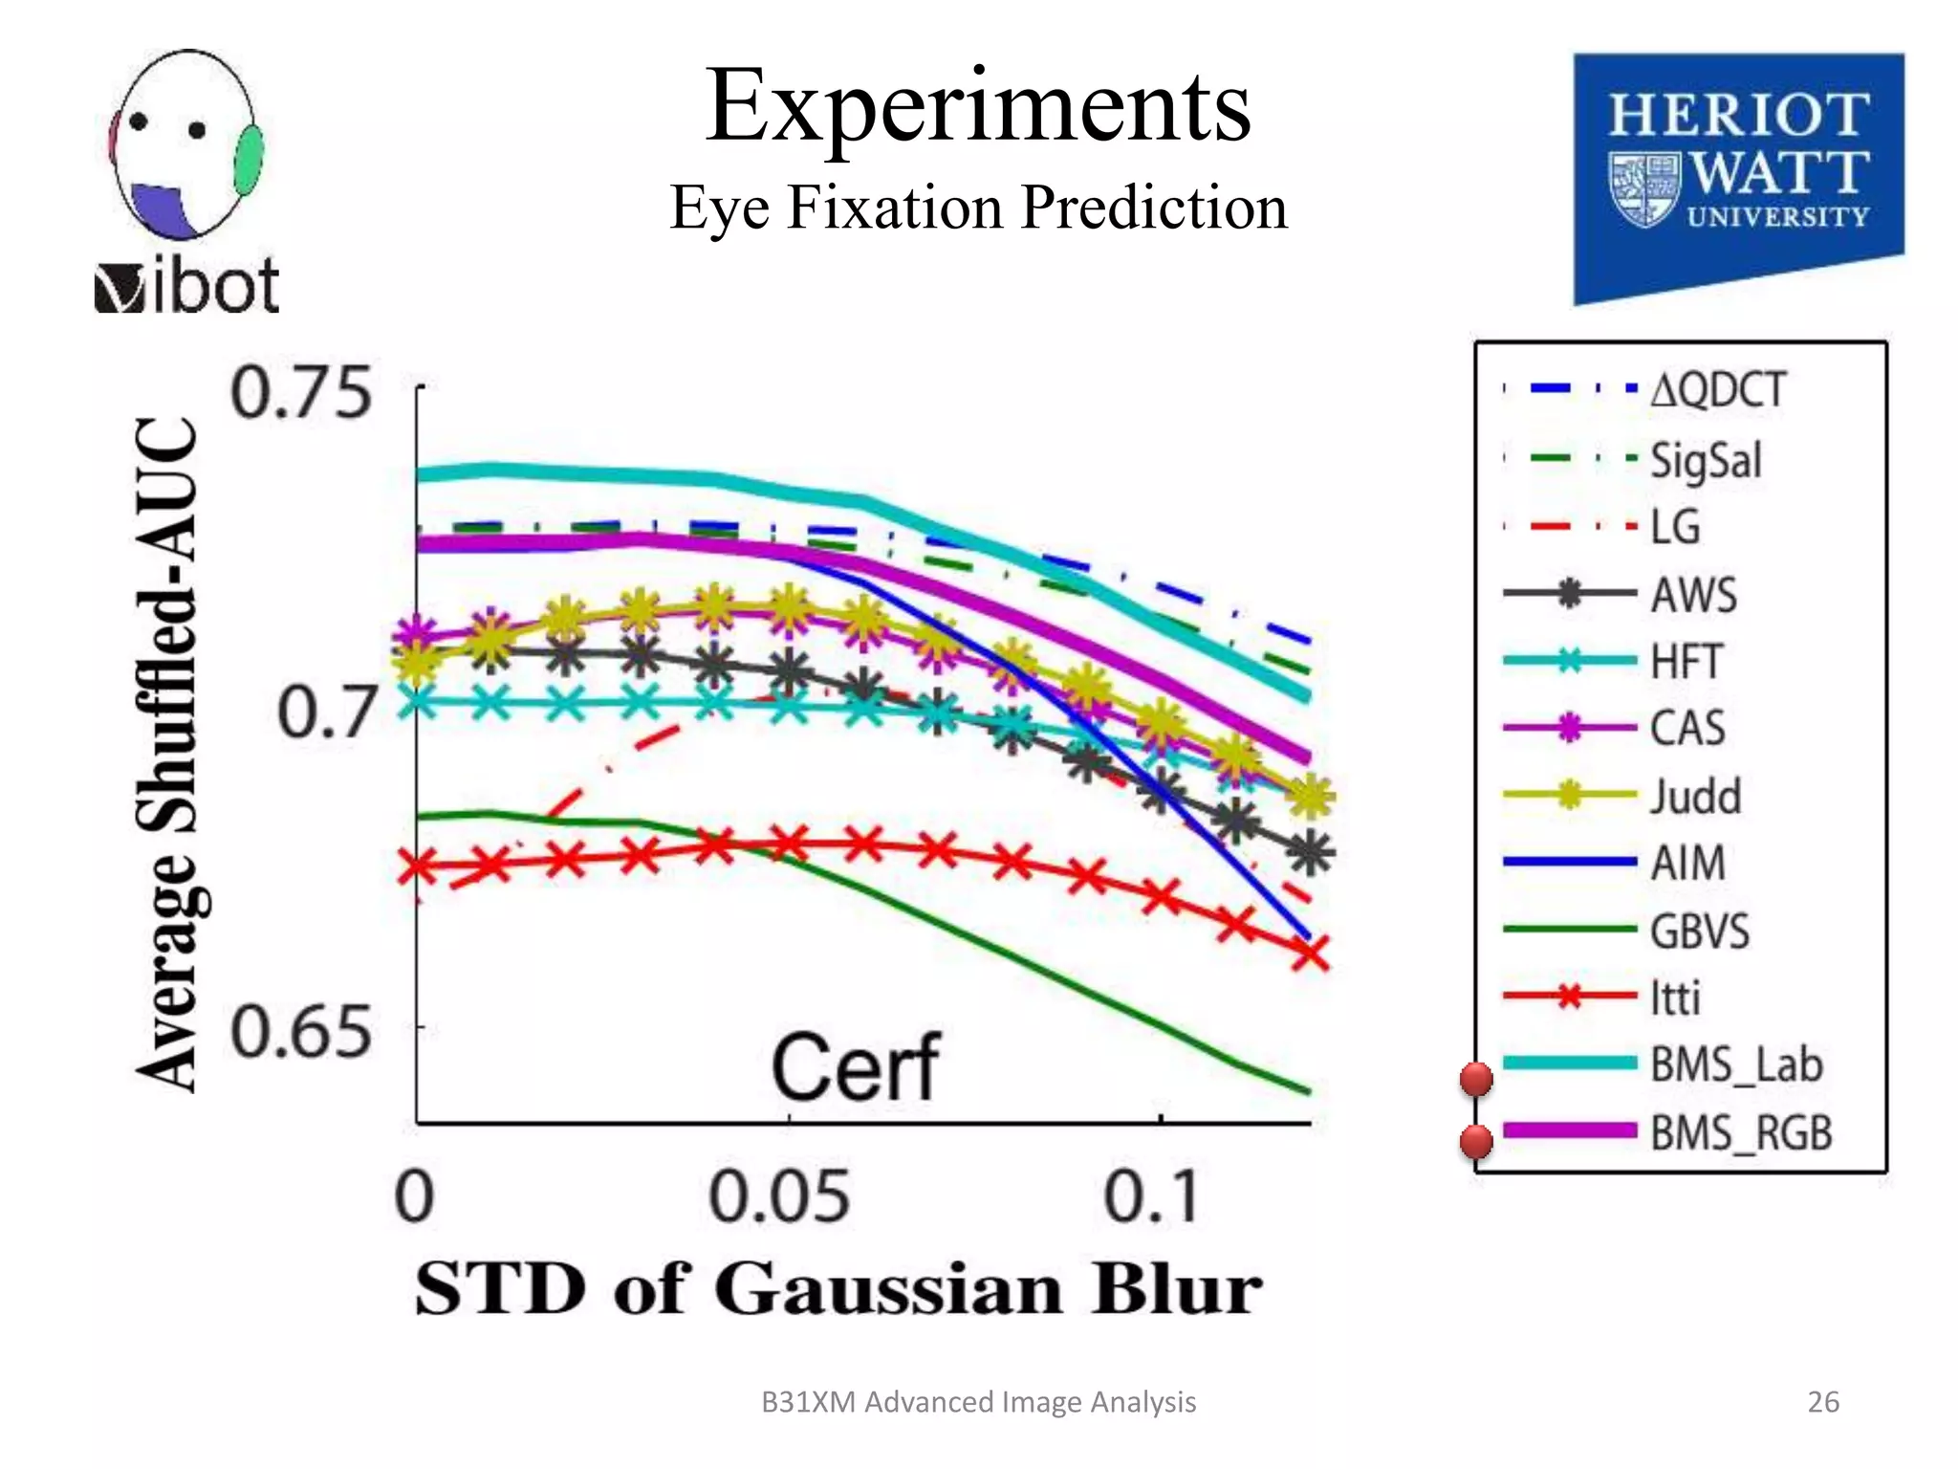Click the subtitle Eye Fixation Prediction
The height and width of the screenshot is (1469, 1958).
click(x=977, y=208)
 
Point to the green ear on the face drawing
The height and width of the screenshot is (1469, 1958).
click(x=250, y=160)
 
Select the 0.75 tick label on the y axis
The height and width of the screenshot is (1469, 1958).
click(x=300, y=393)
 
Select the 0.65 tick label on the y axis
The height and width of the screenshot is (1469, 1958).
click(x=300, y=1032)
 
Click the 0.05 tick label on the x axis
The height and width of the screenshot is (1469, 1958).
click(x=779, y=1196)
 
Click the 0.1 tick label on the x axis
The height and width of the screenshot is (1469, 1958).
click(x=1151, y=1196)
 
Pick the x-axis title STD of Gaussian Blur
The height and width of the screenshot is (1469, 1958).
click(x=838, y=1290)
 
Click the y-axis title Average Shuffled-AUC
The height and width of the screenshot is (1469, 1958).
click(x=169, y=756)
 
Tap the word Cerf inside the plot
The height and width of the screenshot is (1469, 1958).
click(x=856, y=1068)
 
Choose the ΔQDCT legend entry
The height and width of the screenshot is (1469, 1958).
click(x=1717, y=390)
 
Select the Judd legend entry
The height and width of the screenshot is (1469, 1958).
click(x=1695, y=797)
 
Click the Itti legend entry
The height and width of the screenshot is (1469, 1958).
click(x=1675, y=998)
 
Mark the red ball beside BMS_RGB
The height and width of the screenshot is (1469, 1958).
click(x=1476, y=1141)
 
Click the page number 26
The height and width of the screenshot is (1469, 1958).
click(x=1822, y=1402)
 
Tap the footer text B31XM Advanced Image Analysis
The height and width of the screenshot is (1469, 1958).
click(x=978, y=1402)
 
